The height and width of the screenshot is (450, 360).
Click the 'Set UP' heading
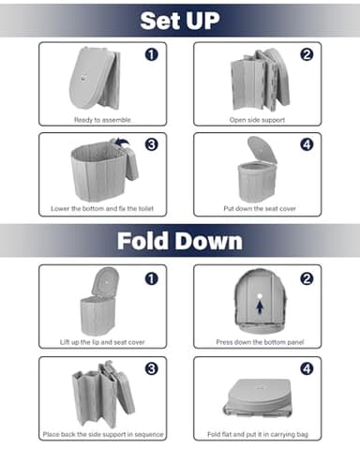point(180,21)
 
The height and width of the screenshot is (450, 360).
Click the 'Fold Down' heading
point(180,242)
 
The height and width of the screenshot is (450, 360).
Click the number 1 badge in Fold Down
point(151,279)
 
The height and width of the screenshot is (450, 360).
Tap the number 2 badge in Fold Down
point(307,279)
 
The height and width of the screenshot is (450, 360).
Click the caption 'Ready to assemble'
point(102,120)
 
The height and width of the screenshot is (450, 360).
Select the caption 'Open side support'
point(257,120)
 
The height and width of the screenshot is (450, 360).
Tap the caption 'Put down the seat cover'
point(257,208)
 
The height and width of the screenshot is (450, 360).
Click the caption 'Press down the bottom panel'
point(257,342)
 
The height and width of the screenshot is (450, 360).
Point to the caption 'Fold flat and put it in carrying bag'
point(257,434)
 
